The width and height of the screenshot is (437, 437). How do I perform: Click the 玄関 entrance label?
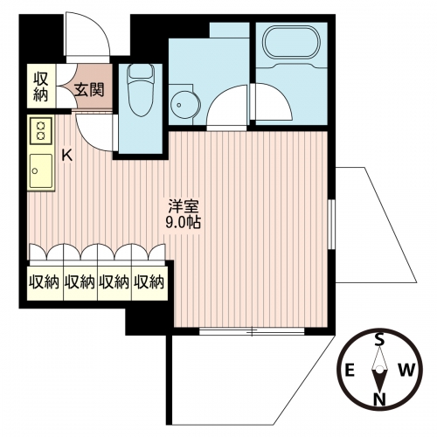point(88,90)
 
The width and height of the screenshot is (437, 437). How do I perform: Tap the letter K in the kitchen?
point(67,156)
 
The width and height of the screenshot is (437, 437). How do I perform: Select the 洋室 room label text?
point(184,207)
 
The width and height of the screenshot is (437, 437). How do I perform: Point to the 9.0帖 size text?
point(184,223)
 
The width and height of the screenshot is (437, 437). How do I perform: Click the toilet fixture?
point(141,90)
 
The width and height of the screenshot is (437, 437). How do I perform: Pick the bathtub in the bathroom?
point(291,44)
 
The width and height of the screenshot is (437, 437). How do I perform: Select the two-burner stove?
point(41,131)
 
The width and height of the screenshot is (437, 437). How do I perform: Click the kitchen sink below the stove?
point(41,171)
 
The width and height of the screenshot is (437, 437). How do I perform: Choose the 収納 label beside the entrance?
point(41,87)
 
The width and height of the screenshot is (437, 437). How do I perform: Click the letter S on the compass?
point(378,339)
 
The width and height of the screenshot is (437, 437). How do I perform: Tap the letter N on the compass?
point(379,399)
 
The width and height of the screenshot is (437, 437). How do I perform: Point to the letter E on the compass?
point(350,371)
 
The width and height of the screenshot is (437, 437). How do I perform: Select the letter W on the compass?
point(406,371)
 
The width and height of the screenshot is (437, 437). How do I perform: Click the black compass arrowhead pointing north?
point(379,381)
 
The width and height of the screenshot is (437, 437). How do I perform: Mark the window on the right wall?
point(331,225)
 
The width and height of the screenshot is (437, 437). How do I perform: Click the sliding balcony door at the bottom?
point(252,331)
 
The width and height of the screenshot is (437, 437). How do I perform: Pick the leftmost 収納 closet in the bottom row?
point(45,282)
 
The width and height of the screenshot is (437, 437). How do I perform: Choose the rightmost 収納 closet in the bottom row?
point(149,282)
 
